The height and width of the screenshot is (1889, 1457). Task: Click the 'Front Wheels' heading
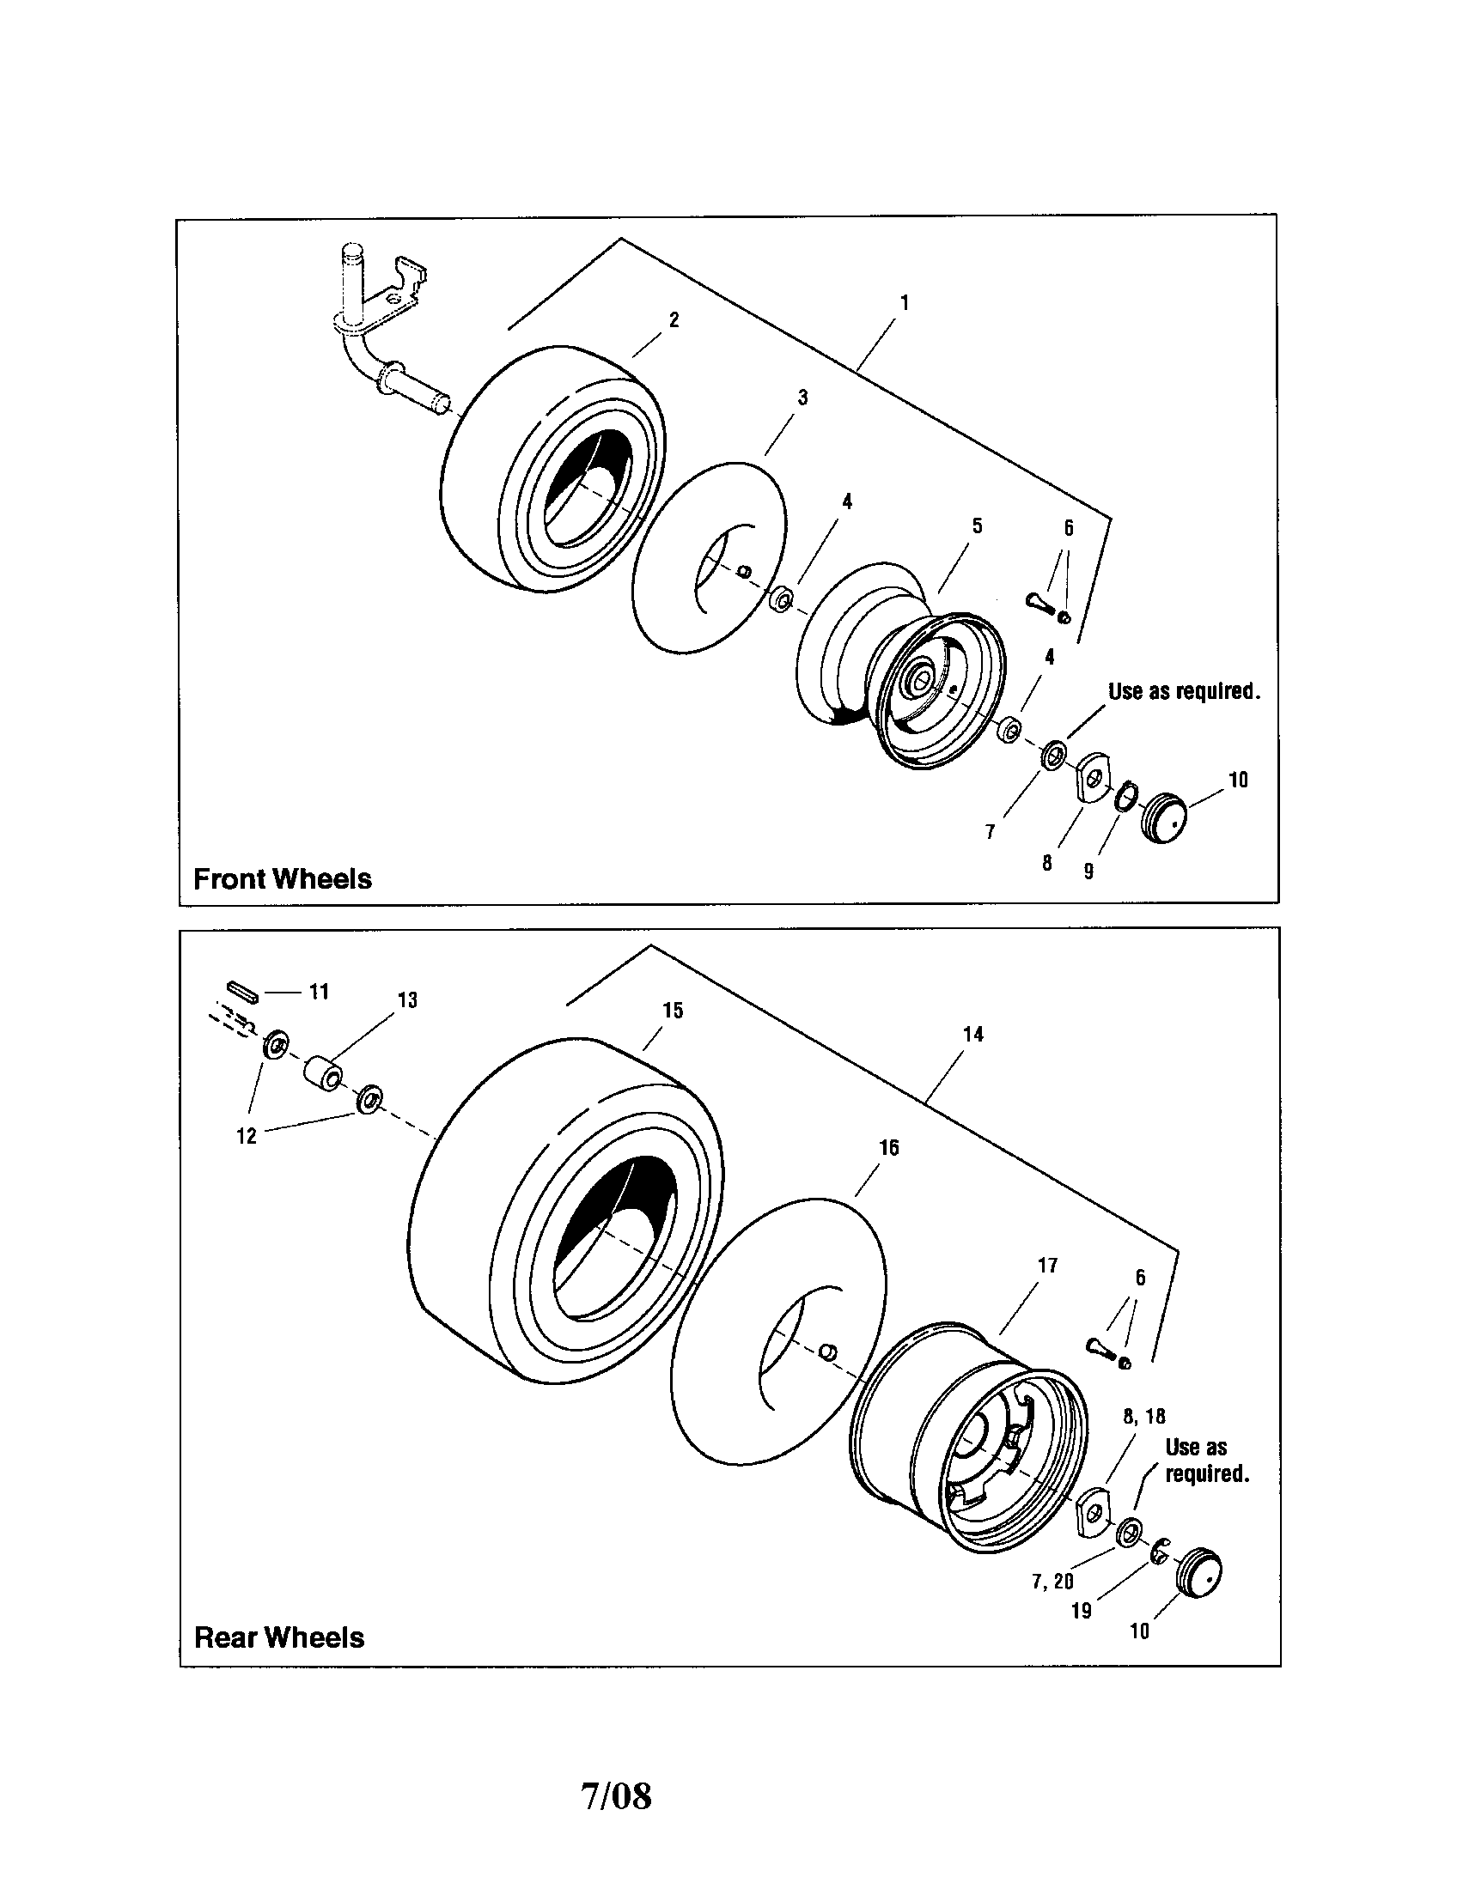tap(282, 878)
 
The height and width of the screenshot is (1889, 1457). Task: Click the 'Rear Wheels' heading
tap(278, 1637)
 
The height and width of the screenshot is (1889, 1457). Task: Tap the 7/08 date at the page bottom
tap(616, 1795)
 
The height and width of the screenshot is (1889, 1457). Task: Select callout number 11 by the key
tap(320, 992)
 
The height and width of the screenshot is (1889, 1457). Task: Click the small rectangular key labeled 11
tap(242, 992)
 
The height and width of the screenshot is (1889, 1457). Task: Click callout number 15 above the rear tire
tap(673, 1011)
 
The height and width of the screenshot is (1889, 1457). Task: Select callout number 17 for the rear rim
tap(1047, 1266)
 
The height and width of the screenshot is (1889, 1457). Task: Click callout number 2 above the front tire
tap(674, 319)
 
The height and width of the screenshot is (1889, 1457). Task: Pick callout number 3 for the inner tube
tap(802, 397)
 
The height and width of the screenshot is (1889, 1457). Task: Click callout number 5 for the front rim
tap(977, 525)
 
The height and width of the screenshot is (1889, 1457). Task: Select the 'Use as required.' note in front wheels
tap(1184, 691)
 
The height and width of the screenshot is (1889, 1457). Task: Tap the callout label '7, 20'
tap(1052, 1581)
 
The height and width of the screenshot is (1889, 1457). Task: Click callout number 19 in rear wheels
tap(1082, 1612)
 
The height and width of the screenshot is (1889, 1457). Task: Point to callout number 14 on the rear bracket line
tap(972, 1035)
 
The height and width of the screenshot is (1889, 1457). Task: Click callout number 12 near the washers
tap(247, 1136)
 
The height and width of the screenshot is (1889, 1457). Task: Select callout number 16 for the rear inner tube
tap(888, 1148)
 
